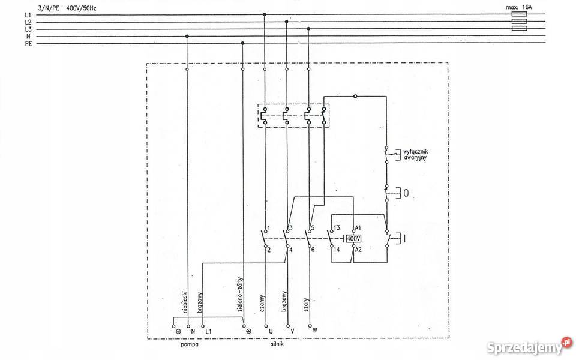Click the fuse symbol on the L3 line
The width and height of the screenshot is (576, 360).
[518, 28]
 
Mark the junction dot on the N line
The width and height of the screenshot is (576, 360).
[187, 36]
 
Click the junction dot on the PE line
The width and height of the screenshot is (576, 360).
[242, 43]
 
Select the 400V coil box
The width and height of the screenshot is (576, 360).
[353, 238]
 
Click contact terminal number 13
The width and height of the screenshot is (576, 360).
[337, 229]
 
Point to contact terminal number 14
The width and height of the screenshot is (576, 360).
[337, 249]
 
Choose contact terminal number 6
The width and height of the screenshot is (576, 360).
[313, 249]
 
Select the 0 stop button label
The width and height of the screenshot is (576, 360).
[406, 194]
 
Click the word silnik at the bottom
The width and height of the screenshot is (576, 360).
[277, 345]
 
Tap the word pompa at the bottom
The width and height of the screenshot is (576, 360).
[190, 345]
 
